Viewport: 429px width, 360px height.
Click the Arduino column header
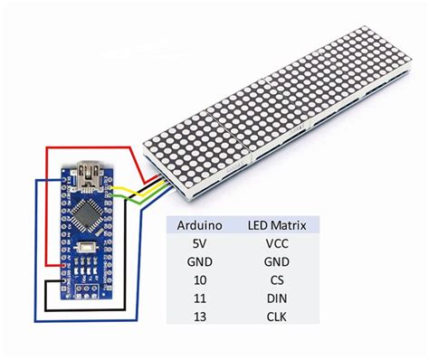[196, 223]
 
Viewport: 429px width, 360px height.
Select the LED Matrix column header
[277, 223]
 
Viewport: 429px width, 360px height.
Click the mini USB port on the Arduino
[91, 169]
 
